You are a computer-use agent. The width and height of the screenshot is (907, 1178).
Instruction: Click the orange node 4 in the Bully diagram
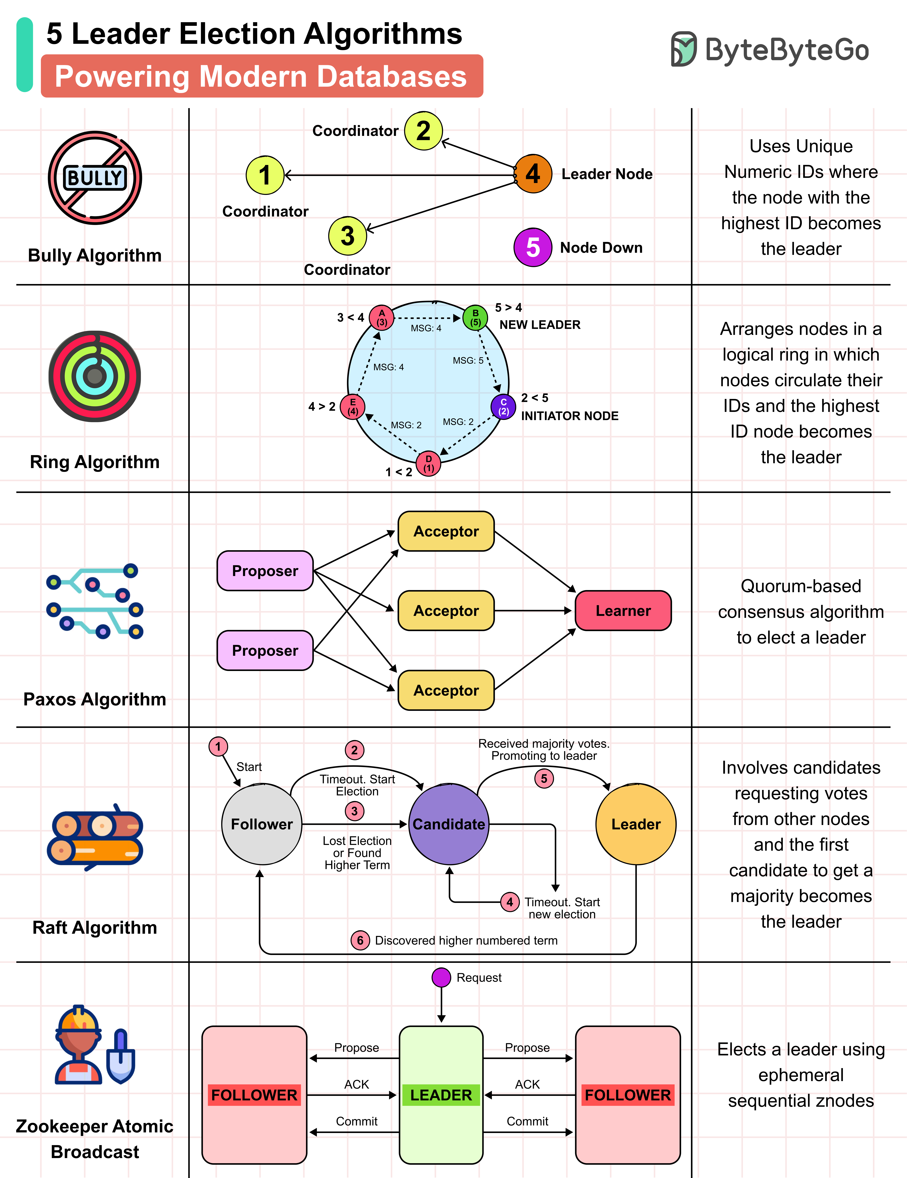pyautogui.click(x=533, y=174)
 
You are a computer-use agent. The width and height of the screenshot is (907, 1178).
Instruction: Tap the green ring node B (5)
pyautogui.click(x=475, y=318)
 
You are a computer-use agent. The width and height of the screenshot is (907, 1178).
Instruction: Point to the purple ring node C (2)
pyautogui.click(x=503, y=407)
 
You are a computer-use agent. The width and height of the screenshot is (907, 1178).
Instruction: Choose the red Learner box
pyautogui.click(x=623, y=611)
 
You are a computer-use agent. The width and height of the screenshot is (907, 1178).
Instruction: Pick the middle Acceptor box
pyautogui.click(x=446, y=611)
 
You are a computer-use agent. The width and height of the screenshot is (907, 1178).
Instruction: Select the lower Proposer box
pyautogui.click(x=265, y=650)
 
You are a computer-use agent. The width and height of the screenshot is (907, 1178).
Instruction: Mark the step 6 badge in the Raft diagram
pyautogui.click(x=360, y=940)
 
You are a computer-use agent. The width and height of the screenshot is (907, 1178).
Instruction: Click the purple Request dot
pyautogui.click(x=441, y=977)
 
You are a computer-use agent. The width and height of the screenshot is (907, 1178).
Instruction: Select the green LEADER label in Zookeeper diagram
pyautogui.click(x=441, y=1095)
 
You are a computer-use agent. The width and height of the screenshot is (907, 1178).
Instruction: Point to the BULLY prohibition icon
pyautogui.click(x=95, y=177)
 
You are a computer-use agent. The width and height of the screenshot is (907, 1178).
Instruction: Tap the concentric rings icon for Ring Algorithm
pyautogui.click(x=95, y=376)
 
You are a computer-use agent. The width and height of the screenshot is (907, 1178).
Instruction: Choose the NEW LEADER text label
pyautogui.click(x=540, y=325)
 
